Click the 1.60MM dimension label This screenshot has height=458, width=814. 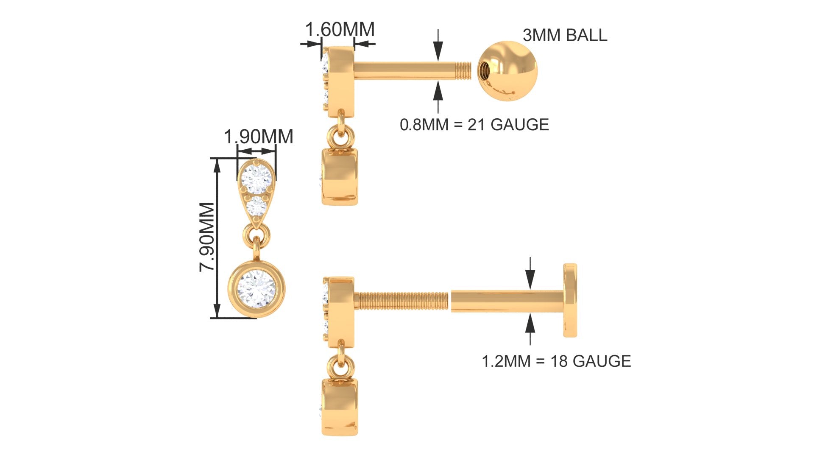pyautogui.click(x=340, y=30)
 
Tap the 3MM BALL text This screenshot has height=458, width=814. pyautogui.click(x=565, y=35)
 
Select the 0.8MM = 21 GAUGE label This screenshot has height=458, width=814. pyautogui.click(x=474, y=125)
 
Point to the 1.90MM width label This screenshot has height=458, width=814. pyautogui.click(x=258, y=137)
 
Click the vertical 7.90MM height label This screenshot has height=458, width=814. pyautogui.click(x=207, y=237)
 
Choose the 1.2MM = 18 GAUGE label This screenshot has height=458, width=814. pyautogui.click(x=556, y=361)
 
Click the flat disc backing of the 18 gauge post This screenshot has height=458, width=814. pyautogui.click(x=570, y=300)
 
